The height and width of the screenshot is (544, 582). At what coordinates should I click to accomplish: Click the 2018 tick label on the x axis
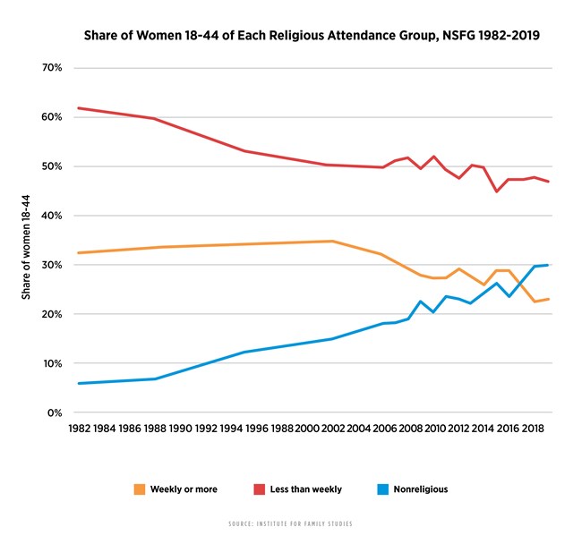[x=535, y=429]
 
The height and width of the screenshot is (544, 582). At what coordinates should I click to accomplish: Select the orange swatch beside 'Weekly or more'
[x=141, y=489]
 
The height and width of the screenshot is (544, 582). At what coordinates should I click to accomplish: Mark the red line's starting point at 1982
[x=79, y=108]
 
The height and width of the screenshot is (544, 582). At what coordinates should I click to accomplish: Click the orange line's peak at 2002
[x=332, y=241]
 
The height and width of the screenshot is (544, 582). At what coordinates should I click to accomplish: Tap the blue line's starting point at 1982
[x=79, y=383]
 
